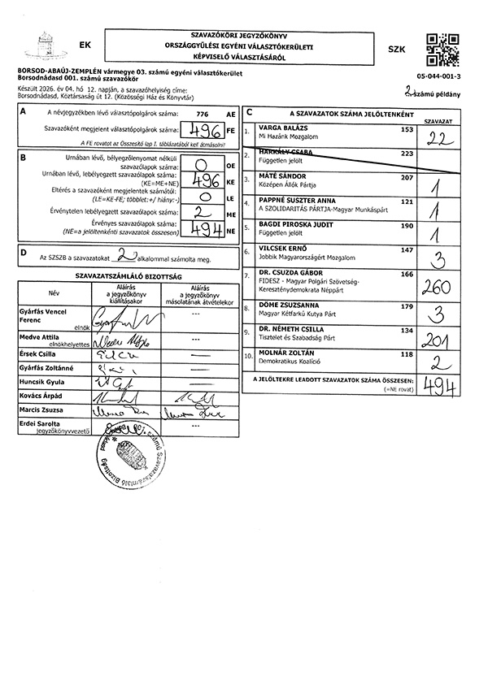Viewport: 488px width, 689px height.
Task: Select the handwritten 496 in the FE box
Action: click(x=203, y=130)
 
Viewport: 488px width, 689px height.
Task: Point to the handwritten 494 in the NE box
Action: click(x=203, y=228)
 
